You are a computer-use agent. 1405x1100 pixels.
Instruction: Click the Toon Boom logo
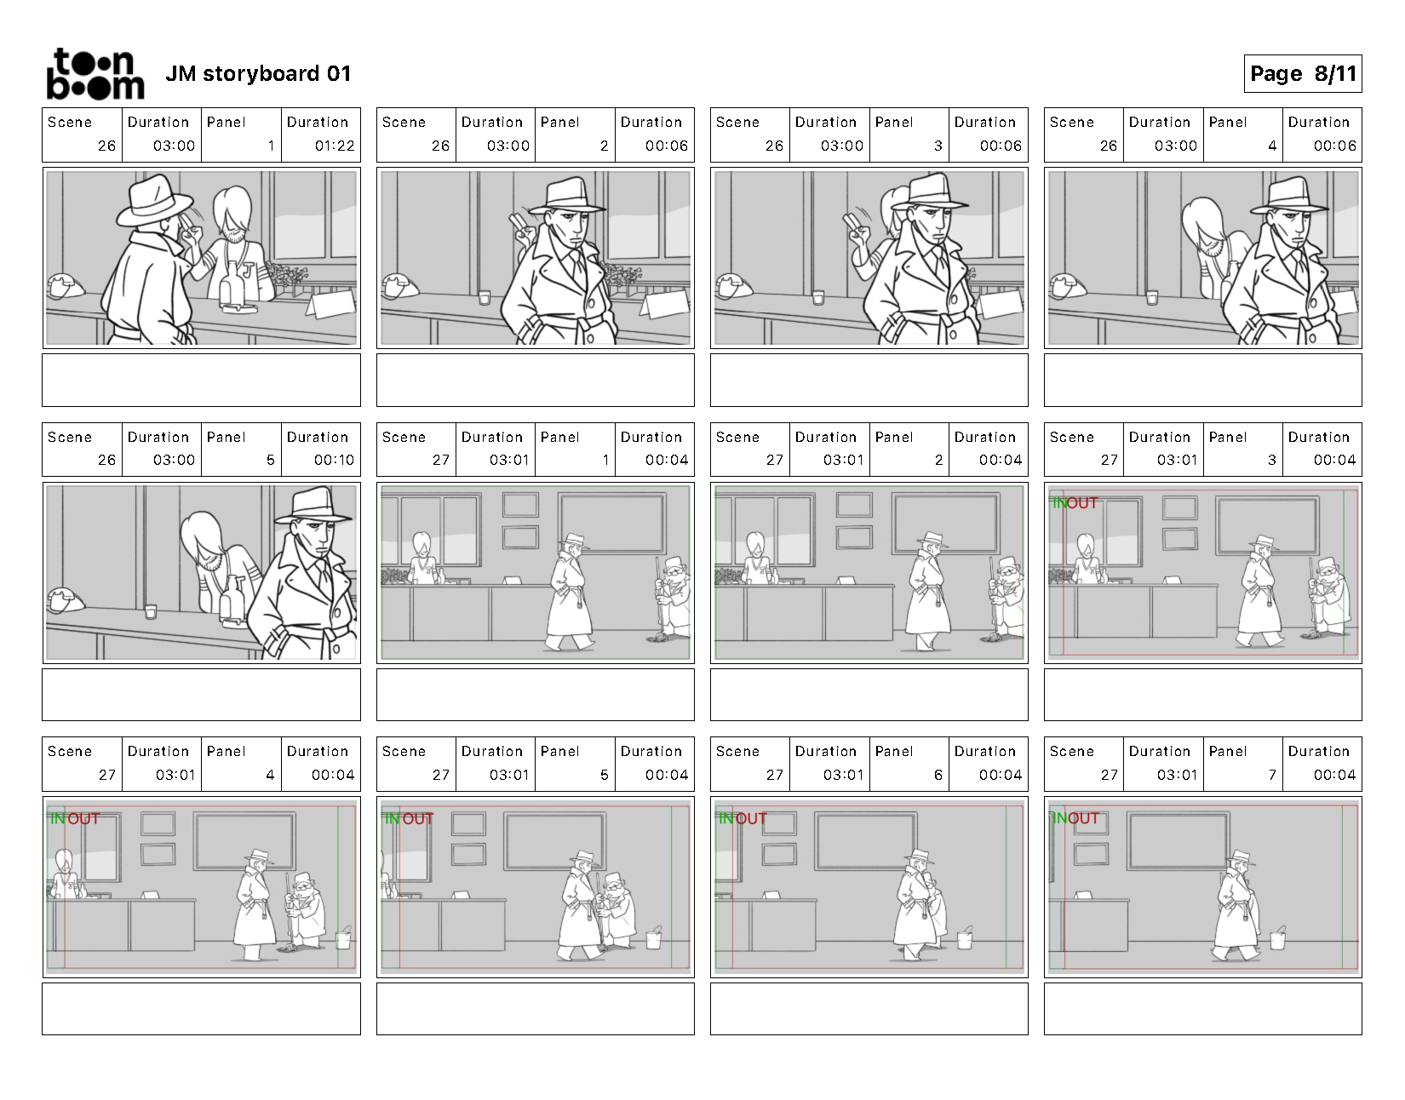(95, 74)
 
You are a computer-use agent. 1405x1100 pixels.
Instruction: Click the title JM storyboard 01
(258, 74)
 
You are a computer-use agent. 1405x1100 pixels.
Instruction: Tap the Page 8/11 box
(1302, 74)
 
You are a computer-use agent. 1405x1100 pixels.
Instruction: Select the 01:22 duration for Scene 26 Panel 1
(335, 146)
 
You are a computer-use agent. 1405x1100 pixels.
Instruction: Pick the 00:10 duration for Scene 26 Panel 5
(335, 460)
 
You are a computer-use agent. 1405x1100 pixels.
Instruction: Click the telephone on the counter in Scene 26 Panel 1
(66, 286)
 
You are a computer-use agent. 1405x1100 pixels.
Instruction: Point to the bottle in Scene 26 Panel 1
(231, 284)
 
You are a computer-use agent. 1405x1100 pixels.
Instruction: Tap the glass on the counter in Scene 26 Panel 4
(1151, 297)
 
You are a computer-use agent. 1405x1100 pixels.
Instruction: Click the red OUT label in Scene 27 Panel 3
(1081, 503)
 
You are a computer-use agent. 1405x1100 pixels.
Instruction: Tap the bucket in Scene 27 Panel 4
(344, 937)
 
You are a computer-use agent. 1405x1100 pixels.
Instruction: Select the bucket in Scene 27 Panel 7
(1277, 937)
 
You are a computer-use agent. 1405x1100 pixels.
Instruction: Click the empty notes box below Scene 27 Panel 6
(869, 1009)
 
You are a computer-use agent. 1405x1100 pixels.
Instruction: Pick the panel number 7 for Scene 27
(1272, 775)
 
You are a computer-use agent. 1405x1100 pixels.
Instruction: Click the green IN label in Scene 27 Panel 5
(393, 819)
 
